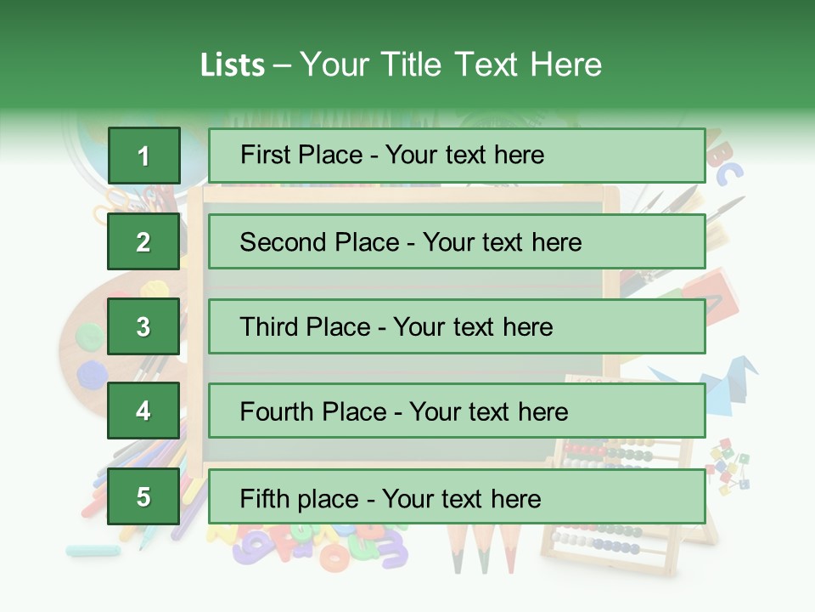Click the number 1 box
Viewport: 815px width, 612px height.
pyautogui.click(x=143, y=156)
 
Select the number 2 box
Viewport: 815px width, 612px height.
pyautogui.click(x=143, y=241)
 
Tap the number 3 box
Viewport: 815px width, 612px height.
pyautogui.click(x=143, y=326)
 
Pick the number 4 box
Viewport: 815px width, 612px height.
pyautogui.click(x=143, y=411)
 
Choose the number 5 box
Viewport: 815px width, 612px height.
pyautogui.click(x=143, y=496)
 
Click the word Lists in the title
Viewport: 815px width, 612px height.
pyautogui.click(x=232, y=65)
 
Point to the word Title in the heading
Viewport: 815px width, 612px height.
pyautogui.click(x=412, y=65)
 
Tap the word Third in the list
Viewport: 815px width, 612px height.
pyautogui.click(x=270, y=327)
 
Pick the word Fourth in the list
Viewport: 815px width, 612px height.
pyautogui.click(x=277, y=412)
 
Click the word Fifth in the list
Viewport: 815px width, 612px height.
pyautogui.click(x=266, y=498)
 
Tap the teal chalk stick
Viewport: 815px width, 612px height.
pyautogui.click(x=93, y=550)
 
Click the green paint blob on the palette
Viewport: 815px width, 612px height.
pyautogui.click(x=88, y=337)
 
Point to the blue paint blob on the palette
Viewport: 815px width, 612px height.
pyautogui.click(x=90, y=372)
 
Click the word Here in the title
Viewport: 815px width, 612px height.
pyautogui.click(x=565, y=65)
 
